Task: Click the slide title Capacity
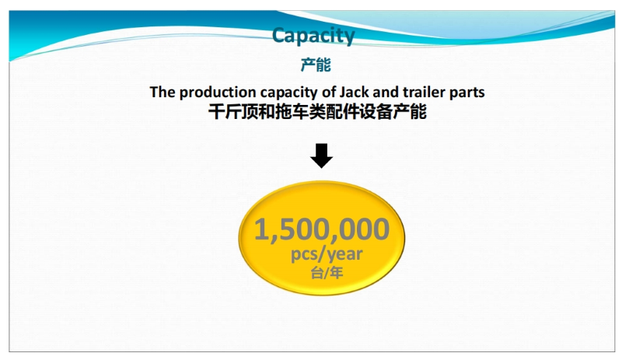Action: coord(313,36)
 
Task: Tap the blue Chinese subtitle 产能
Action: coord(316,65)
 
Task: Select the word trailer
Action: coord(424,92)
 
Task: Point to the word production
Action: coord(218,93)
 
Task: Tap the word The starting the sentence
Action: coord(162,92)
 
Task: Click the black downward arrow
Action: coord(321,156)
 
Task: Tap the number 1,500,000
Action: coord(321,230)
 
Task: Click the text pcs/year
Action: coord(327,254)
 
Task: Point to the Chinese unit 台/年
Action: coord(327,273)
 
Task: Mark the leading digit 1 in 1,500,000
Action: coord(261,229)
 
